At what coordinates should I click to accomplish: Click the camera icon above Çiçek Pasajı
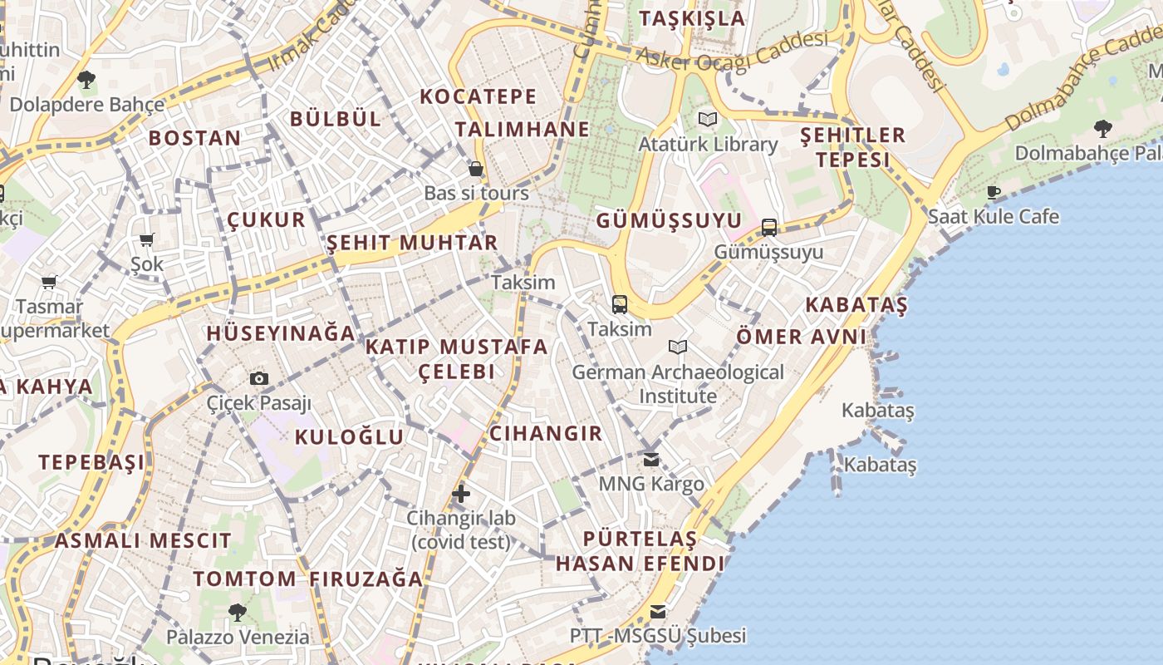click(x=259, y=379)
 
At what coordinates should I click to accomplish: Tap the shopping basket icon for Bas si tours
click(x=476, y=170)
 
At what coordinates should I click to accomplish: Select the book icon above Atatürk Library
click(x=708, y=120)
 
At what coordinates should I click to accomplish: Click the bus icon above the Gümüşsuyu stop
click(x=769, y=228)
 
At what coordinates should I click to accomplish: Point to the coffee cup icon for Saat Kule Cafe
click(x=993, y=193)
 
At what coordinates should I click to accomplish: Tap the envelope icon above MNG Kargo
click(x=651, y=459)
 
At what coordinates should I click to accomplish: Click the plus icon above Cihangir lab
click(x=461, y=494)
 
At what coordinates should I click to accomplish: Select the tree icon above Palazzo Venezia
click(x=238, y=613)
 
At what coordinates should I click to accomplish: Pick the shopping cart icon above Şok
click(x=147, y=240)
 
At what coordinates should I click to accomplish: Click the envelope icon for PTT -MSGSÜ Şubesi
click(x=658, y=612)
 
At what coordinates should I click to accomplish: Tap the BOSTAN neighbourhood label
click(x=194, y=138)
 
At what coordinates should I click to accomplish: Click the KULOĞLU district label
click(x=349, y=437)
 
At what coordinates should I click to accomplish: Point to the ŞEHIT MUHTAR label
click(x=412, y=243)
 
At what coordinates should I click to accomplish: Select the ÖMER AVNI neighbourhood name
click(x=802, y=337)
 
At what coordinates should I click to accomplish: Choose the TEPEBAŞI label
click(x=91, y=462)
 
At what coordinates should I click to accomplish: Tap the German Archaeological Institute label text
click(x=678, y=384)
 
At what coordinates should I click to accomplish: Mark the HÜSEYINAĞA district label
click(x=281, y=334)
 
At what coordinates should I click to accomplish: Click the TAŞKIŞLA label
click(x=692, y=18)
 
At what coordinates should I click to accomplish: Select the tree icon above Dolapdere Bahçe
click(x=86, y=80)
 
